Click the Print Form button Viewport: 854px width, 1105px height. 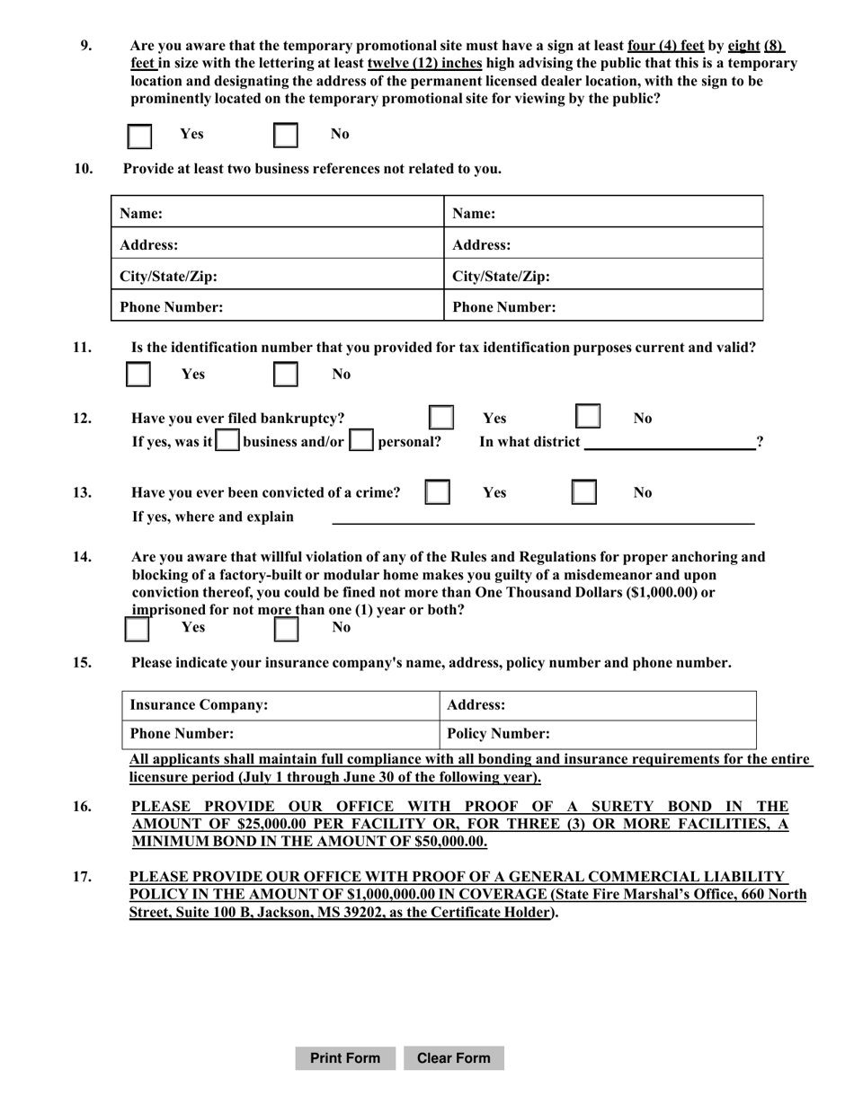(x=344, y=1058)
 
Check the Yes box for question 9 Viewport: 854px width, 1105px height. (x=139, y=136)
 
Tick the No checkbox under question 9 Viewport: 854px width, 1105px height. (x=285, y=136)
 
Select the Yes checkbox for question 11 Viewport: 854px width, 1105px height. (x=138, y=375)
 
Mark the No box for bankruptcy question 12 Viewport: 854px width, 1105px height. (x=588, y=418)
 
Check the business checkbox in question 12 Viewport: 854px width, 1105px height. (x=228, y=441)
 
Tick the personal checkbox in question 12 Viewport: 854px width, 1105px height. (x=361, y=441)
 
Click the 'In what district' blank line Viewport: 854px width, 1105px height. (x=669, y=442)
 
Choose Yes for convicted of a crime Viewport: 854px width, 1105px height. (x=437, y=492)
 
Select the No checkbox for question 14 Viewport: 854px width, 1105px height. (x=286, y=628)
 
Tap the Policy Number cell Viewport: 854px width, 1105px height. (x=598, y=734)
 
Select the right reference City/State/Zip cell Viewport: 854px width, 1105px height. (x=603, y=275)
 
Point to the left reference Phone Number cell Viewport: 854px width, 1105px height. (x=277, y=306)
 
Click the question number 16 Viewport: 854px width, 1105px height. (x=82, y=806)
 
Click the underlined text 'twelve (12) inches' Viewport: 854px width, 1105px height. (x=424, y=63)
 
